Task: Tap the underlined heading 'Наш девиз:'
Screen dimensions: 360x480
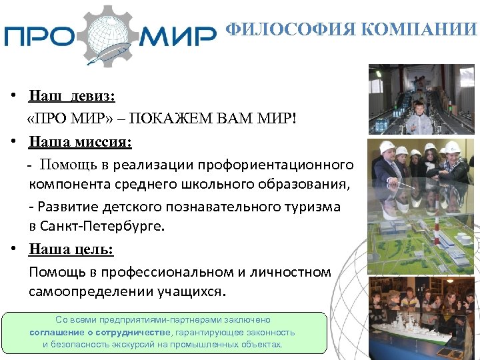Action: point(72,97)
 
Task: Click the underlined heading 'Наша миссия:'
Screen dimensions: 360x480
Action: point(80,141)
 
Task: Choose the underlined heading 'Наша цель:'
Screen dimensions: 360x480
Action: point(71,249)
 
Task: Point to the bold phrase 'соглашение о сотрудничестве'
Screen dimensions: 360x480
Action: point(100,332)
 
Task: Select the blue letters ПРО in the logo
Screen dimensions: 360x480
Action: point(41,35)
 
